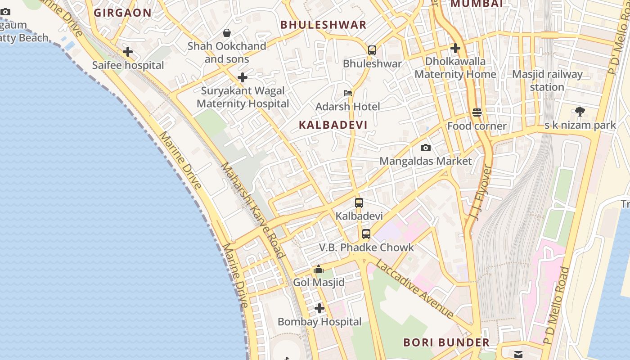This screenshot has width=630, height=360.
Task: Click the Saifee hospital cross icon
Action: click(x=128, y=52)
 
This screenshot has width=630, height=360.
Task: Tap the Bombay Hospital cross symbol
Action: click(x=319, y=308)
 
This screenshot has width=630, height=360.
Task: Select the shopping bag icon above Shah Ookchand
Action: click(x=227, y=33)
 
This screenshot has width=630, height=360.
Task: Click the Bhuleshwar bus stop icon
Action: click(x=372, y=50)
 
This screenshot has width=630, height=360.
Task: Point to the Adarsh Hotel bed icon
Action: click(x=348, y=93)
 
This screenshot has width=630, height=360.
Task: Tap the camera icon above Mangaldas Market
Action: click(x=425, y=148)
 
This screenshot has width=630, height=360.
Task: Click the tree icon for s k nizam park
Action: click(x=580, y=111)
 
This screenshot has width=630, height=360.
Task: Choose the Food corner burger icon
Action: click(x=477, y=112)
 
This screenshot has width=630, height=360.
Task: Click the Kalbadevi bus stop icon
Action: click(x=359, y=202)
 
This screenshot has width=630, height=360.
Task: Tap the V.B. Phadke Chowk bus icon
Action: click(x=366, y=234)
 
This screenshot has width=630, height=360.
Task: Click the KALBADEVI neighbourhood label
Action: click(x=333, y=125)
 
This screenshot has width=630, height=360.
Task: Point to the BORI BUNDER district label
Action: click(x=446, y=342)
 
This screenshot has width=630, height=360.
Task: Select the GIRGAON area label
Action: click(x=122, y=13)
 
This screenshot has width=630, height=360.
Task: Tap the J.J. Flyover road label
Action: click(x=482, y=193)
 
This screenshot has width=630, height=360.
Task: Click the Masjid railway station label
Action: click(x=547, y=81)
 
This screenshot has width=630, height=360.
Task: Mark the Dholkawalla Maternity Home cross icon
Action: click(x=455, y=48)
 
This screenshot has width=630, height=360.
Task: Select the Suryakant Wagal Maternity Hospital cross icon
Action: click(x=243, y=77)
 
